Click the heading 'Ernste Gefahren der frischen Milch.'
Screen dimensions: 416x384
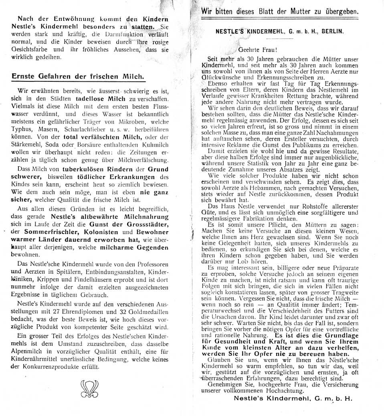[x=78, y=76]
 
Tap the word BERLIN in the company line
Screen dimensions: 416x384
[x=333, y=31]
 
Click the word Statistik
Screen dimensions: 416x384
[x=265, y=164]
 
